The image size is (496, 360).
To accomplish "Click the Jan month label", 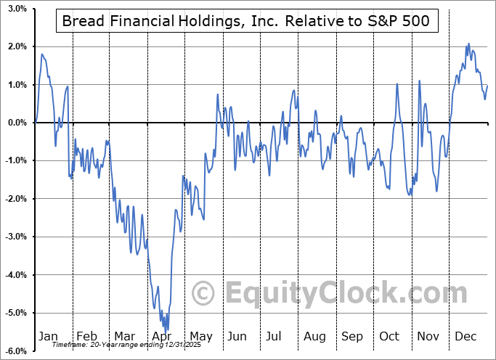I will [47, 337].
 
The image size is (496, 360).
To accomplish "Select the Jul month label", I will [274, 337].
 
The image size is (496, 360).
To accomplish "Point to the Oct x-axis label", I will [389, 337].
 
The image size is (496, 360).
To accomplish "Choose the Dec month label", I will [465, 337].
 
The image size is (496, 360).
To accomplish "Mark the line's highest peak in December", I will [468, 44].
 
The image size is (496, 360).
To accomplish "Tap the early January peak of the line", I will [42, 54].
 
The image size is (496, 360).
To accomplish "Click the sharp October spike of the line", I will [397, 83].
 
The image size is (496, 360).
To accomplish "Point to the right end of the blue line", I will [487, 86].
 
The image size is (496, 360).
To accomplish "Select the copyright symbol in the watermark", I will [203, 293].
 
